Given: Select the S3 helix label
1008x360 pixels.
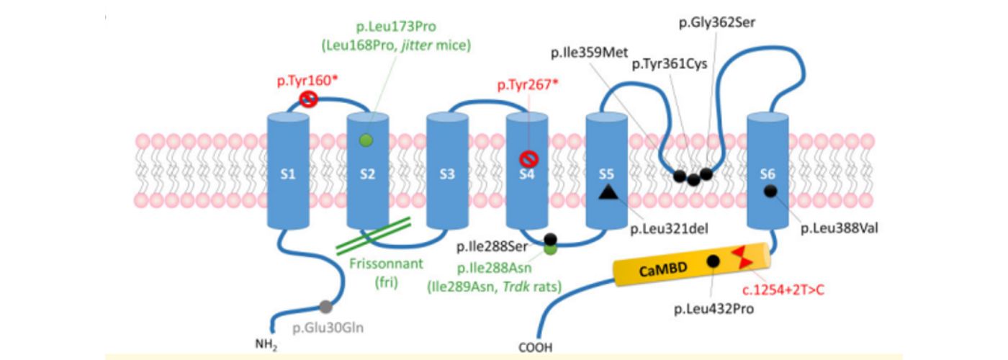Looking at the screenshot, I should (446, 174).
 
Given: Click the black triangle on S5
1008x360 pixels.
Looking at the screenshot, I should (608, 191).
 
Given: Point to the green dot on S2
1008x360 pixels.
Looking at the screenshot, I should (366, 140).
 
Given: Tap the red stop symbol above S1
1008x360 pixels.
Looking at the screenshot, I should (308, 99).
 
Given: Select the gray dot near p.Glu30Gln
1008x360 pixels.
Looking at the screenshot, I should (326, 307).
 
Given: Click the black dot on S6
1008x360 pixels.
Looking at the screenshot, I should (770, 190).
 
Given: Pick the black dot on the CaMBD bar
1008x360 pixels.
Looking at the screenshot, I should (714, 261).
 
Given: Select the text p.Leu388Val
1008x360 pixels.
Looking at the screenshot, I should (839, 228).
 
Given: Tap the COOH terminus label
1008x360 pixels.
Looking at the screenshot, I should (536, 348).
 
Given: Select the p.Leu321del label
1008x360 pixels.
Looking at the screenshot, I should (670, 229).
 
